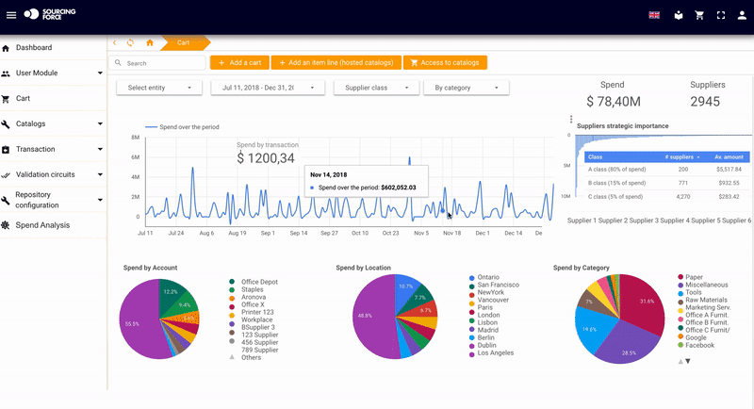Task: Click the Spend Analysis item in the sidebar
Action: pyautogui.click(x=41, y=225)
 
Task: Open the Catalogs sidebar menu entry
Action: pyautogui.click(x=31, y=123)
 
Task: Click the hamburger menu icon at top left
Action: pyautogui.click(x=11, y=15)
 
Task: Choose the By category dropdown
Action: pyautogui.click(x=466, y=88)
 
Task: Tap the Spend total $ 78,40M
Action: pyautogui.click(x=612, y=101)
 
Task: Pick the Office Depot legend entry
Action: pyautogui.click(x=259, y=281)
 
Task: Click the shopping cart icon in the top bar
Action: pyautogui.click(x=699, y=15)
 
